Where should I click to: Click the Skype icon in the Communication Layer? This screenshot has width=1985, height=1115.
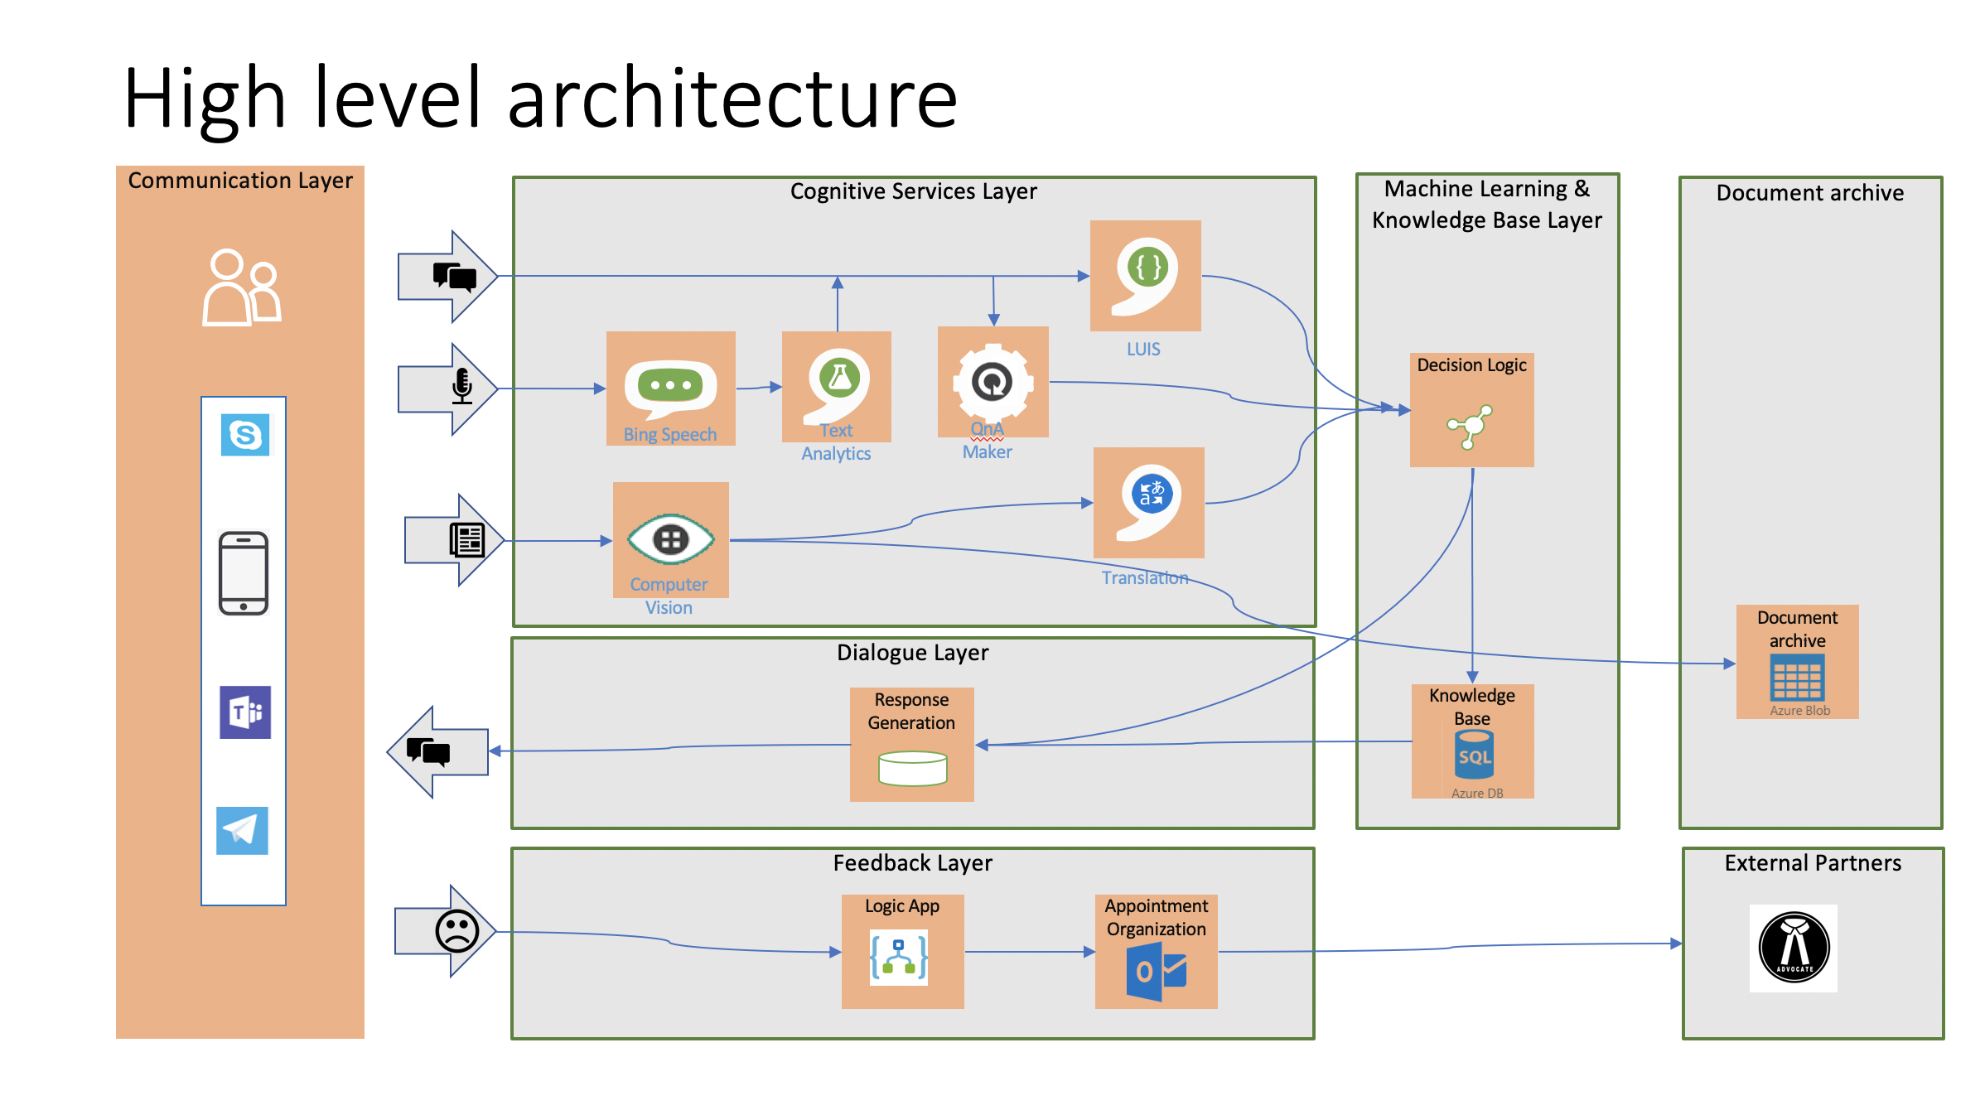[x=245, y=435]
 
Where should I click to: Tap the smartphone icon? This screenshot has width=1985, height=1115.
[x=244, y=573]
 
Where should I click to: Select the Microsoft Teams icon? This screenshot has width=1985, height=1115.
[x=245, y=712]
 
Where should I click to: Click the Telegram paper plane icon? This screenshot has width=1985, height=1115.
[x=242, y=830]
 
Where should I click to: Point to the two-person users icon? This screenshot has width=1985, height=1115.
[x=242, y=287]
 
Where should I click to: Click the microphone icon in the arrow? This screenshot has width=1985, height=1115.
[x=462, y=387]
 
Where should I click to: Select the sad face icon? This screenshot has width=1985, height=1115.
[x=457, y=930]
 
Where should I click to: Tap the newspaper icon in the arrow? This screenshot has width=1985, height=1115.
[x=467, y=540]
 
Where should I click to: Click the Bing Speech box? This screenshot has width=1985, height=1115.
[x=670, y=389]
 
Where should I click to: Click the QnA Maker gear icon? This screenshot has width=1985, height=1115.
[x=992, y=382]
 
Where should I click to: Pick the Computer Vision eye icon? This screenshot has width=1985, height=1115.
[x=670, y=539]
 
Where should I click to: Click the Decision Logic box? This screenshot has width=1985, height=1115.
[x=1471, y=410]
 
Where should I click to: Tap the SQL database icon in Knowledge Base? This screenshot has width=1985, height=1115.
[x=1474, y=755]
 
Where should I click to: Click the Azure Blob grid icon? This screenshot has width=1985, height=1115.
[x=1797, y=678]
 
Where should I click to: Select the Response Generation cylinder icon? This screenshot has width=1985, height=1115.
[x=912, y=768]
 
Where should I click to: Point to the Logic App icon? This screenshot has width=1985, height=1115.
[x=899, y=958]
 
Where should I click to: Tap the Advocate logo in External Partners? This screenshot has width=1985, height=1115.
[x=1794, y=948]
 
